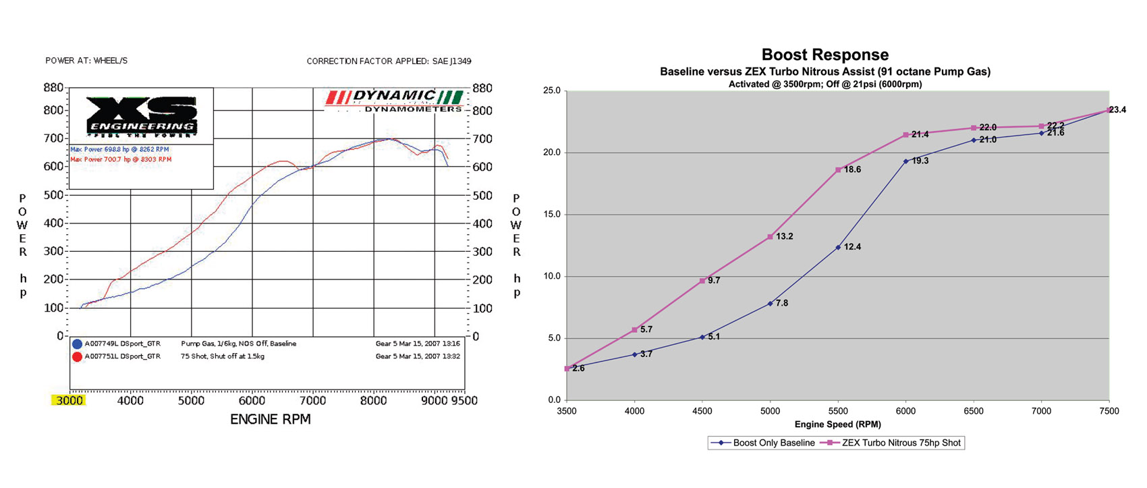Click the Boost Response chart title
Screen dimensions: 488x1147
(x=824, y=55)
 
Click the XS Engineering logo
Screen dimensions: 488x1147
(x=142, y=116)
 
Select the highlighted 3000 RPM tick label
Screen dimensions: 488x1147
(x=69, y=400)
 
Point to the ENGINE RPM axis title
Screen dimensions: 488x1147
(x=270, y=419)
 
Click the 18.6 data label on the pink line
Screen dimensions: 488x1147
(x=852, y=169)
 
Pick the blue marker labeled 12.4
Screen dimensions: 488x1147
(x=838, y=248)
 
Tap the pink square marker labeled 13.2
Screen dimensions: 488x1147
(x=770, y=237)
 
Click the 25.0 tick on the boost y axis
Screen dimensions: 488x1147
(x=551, y=90)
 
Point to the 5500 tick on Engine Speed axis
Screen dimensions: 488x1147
(x=838, y=410)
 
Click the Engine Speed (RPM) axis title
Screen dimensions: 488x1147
(x=837, y=425)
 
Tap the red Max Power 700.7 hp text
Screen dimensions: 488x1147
(x=121, y=159)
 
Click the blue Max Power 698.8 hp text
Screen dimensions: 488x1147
(x=119, y=149)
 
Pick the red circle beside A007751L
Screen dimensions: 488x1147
(x=77, y=356)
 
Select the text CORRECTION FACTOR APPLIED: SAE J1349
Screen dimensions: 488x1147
(x=389, y=61)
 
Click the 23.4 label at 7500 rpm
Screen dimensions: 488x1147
(x=1117, y=109)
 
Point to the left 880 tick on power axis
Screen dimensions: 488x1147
(x=53, y=88)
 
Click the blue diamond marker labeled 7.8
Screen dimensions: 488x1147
(x=770, y=304)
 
